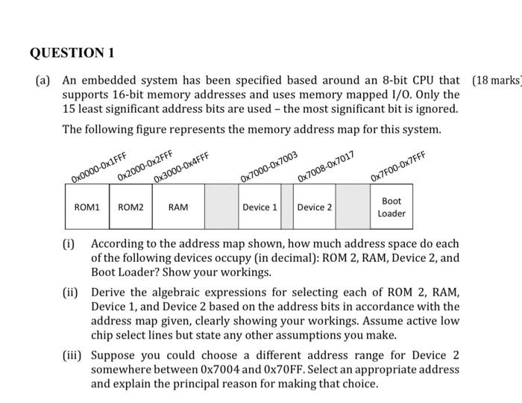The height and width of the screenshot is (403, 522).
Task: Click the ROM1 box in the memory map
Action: click(x=87, y=207)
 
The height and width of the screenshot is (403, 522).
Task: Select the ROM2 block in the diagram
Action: click(x=131, y=207)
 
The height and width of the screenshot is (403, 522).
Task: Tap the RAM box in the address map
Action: click(x=178, y=207)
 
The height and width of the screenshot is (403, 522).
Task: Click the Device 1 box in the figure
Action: click(x=260, y=207)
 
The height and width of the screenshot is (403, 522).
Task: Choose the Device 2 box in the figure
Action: click(x=315, y=207)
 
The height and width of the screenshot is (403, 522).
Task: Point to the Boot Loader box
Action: click(x=391, y=207)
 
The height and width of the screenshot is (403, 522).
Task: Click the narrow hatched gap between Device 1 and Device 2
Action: click(x=287, y=207)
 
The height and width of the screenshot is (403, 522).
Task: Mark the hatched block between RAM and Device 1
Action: click(x=221, y=207)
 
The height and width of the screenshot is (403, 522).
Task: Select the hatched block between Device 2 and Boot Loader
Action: click(x=353, y=207)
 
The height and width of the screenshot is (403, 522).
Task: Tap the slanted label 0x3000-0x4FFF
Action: click(x=181, y=167)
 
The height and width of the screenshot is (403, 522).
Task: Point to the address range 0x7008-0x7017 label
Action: click(x=326, y=167)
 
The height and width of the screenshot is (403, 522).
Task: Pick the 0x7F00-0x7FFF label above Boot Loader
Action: click(x=398, y=166)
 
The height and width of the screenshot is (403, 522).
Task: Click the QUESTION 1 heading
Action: click(x=72, y=53)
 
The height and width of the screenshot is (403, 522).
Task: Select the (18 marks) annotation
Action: click(x=496, y=81)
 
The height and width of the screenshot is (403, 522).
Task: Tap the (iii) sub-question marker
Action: click(x=72, y=354)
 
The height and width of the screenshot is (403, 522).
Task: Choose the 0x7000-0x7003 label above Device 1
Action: click(x=269, y=167)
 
